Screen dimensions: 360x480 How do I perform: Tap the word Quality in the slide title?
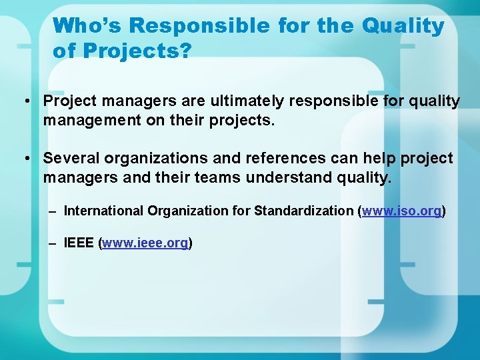403,26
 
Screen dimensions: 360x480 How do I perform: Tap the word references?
281,159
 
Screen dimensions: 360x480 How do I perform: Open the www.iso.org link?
402,211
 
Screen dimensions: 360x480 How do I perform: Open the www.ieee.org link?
145,243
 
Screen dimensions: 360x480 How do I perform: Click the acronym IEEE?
79,243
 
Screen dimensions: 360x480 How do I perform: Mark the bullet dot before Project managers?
25,102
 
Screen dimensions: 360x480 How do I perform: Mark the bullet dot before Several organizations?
25,159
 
